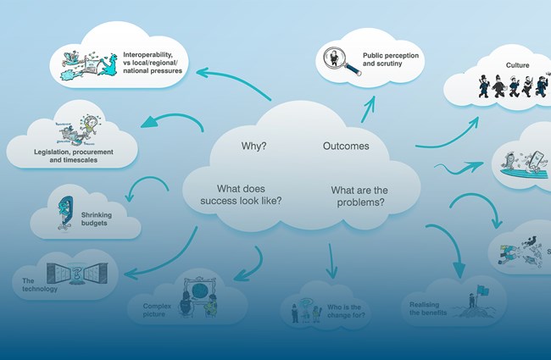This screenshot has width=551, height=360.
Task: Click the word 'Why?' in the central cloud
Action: [253, 146]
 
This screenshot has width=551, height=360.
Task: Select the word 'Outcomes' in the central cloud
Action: [346, 146]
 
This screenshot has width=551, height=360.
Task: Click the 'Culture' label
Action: [517, 64]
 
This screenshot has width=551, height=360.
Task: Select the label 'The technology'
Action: [33, 284]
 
